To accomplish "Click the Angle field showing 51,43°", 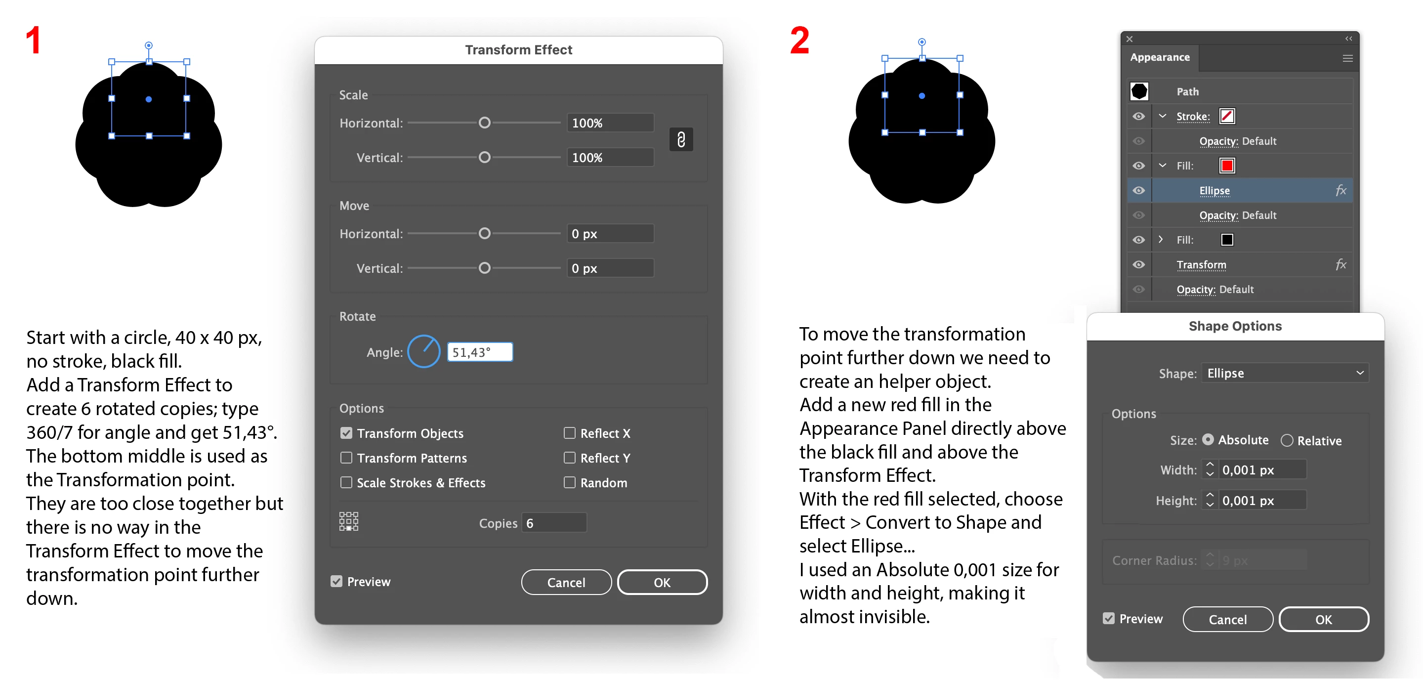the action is [x=479, y=352].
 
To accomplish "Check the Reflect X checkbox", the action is [x=569, y=433].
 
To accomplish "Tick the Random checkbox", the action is [x=569, y=482].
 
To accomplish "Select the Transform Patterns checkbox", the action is [x=346, y=458].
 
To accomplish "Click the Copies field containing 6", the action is [x=553, y=522].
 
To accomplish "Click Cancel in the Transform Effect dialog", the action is [x=566, y=582].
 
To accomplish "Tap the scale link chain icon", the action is [x=681, y=140].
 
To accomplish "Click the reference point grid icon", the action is [x=348, y=521].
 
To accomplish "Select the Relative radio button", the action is [x=1287, y=440].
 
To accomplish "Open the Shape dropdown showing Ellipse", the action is [x=1285, y=373].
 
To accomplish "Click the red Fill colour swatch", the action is [x=1227, y=166].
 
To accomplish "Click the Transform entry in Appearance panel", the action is [x=1201, y=264].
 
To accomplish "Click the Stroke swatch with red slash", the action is [x=1227, y=117].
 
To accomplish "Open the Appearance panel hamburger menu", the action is [x=1348, y=58].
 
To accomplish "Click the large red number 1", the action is [x=34, y=41].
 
